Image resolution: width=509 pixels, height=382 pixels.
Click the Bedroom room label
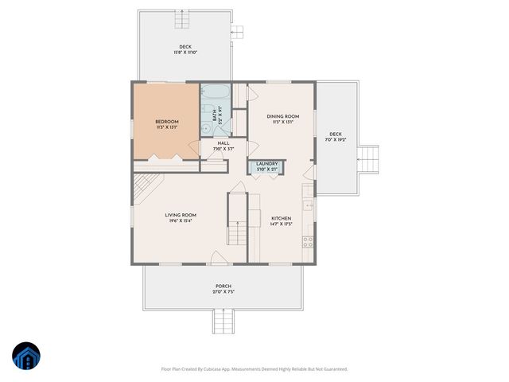166,122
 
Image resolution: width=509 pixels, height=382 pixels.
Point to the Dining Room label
282,116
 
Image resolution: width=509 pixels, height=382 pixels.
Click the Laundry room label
266,163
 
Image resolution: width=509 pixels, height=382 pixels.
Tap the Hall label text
223,143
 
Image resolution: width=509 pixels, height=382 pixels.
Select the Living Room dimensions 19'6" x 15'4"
181,220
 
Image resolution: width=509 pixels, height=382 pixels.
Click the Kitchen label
282,218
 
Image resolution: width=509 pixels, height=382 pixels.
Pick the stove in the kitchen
308,241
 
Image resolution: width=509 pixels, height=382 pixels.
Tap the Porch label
223,286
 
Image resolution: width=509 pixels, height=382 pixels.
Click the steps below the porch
223,322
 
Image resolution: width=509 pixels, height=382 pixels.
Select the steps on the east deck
367,158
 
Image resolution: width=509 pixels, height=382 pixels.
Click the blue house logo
26,357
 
